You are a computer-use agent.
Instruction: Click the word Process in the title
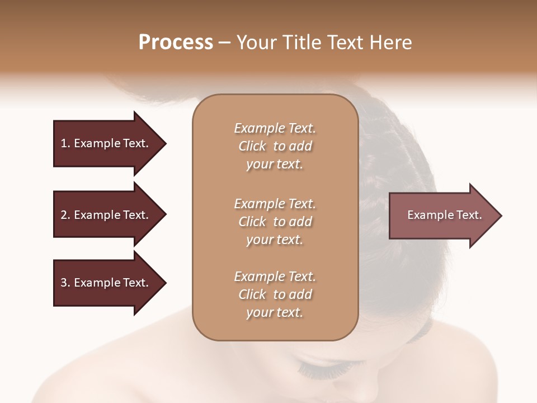point(176,43)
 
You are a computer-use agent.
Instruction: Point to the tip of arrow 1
point(164,143)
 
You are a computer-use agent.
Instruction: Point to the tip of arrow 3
point(164,283)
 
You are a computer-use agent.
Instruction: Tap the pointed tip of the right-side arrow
point(500,215)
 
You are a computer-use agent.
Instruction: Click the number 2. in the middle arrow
point(65,215)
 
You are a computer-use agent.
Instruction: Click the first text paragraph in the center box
point(275,146)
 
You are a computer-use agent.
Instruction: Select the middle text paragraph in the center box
point(275,222)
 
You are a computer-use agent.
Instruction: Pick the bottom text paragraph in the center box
point(275,294)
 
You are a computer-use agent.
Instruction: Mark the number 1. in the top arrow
point(65,143)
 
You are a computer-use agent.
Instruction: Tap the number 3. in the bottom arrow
point(65,283)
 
